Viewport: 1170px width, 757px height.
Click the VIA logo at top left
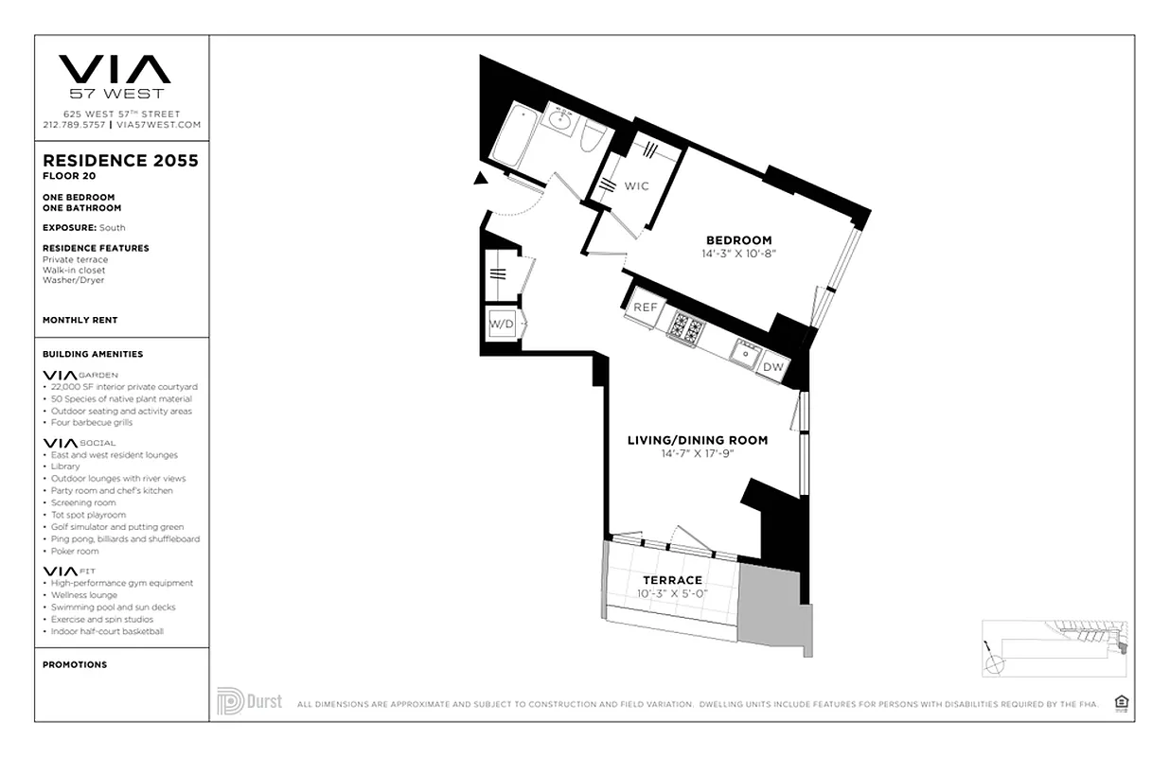pyautogui.click(x=115, y=70)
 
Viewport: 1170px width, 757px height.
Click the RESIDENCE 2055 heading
pyautogui.click(x=120, y=161)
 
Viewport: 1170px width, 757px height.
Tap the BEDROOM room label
pyautogui.click(x=738, y=240)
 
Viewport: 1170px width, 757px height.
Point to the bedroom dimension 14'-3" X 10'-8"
pyautogui.click(x=738, y=254)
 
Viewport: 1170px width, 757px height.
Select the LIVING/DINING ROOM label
pyautogui.click(x=698, y=440)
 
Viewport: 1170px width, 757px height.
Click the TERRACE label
pyautogui.click(x=672, y=580)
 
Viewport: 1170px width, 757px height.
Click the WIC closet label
pyautogui.click(x=636, y=186)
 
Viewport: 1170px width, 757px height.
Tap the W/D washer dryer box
pyautogui.click(x=501, y=325)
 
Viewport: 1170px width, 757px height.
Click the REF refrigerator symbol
pyautogui.click(x=645, y=308)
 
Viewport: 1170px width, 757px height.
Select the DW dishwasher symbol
pyautogui.click(x=772, y=367)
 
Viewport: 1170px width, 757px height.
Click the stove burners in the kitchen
pyautogui.click(x=685, y=329)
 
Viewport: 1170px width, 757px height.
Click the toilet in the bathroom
pyautogui.click(x=593, y=139)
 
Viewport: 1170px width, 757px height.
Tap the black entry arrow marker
pyautogui.click(x=481, y=178)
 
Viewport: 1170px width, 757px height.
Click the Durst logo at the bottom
pyautogui.click(x=249, y=701)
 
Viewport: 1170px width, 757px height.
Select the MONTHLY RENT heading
pyautogui.click(x=80, y=321)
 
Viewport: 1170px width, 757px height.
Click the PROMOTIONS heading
pyautogui.click(x=75, y=665)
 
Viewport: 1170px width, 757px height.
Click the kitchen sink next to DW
pyautogui.click(x=745, y=355)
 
